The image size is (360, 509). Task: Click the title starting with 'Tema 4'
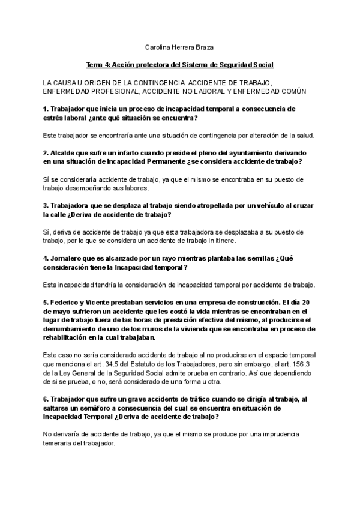(x=180, y=64)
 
